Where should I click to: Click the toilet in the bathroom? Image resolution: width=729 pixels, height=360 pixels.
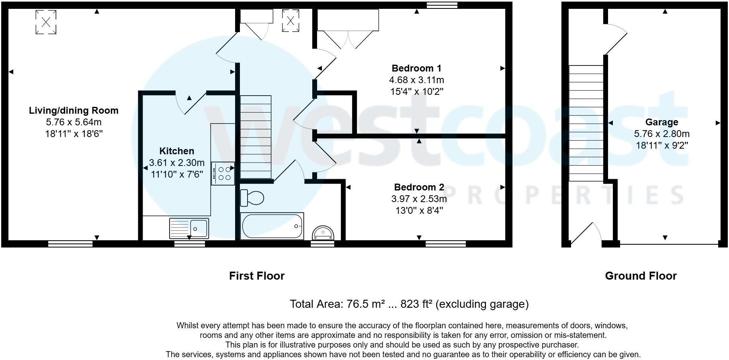(252, 198)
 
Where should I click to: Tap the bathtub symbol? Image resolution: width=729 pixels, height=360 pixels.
(272, 226)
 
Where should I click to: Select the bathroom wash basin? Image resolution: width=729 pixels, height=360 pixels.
(324, 233)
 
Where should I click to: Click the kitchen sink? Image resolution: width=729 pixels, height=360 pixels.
(189, 228)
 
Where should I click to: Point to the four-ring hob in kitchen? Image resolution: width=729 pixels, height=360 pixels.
(223, 174)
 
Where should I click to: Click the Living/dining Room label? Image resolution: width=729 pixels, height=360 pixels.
(74, 110)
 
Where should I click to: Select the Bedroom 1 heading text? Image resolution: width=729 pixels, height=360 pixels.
(416, 68)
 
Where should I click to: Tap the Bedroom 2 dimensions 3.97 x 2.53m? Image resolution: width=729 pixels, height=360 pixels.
(419, 199)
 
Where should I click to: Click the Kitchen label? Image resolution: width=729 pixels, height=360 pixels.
(176, 151)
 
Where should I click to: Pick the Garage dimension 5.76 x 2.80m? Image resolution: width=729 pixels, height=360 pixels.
(661, 134)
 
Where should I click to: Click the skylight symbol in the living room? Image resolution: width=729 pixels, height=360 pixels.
(46, 22)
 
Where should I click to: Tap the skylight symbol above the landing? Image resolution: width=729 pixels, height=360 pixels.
(291, 20)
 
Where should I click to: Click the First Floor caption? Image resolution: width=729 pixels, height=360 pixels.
(256, 276)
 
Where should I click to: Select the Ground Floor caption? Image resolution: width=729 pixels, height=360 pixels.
(641, 276)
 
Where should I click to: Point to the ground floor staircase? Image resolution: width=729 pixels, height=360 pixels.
(586, 123)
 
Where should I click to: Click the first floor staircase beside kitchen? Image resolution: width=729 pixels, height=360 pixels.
(256, 137)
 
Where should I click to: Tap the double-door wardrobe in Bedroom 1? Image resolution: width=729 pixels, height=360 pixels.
(348, 28)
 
